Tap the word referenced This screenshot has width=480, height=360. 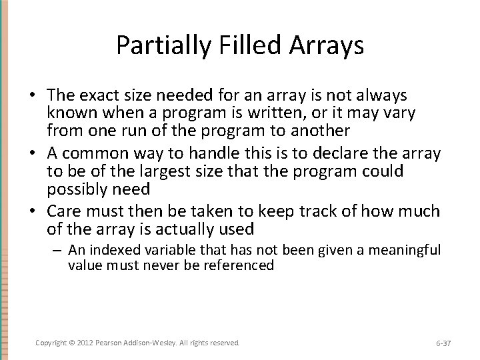pos(236,265)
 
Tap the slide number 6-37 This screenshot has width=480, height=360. pos(443,343)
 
